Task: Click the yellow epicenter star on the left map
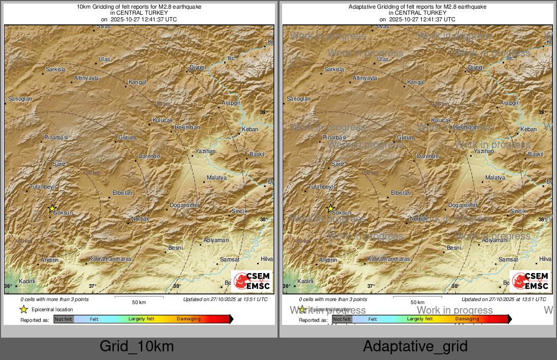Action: pyautogui.click(x=52, y=208)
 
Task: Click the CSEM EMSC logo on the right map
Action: pyautogui.click(x=530, y=281)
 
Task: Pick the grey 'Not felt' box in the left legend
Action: pyautogui.click(x=64, y=319)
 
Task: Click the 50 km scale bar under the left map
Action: pyautogui.click(x=139, y=296)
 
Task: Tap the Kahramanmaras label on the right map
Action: pyautogui.click(x=389, y=259)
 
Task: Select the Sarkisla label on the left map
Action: pyautogui.click(x=56, y=69)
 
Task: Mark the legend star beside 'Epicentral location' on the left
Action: pyautogui.click(x=23, y=309)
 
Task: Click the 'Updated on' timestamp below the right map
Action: pyautogui.click(x=504, y=299)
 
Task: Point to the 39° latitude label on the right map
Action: pyautogui.click(x=542, y=112)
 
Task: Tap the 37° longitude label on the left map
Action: pyautogui.click(x=92, y=286)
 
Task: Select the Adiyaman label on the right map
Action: pyautogui.click(x=494, y=240)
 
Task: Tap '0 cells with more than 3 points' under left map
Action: pyautogui.click(x=54, y=299)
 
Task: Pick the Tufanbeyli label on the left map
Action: pyautogui.click(x=42, y=187)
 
